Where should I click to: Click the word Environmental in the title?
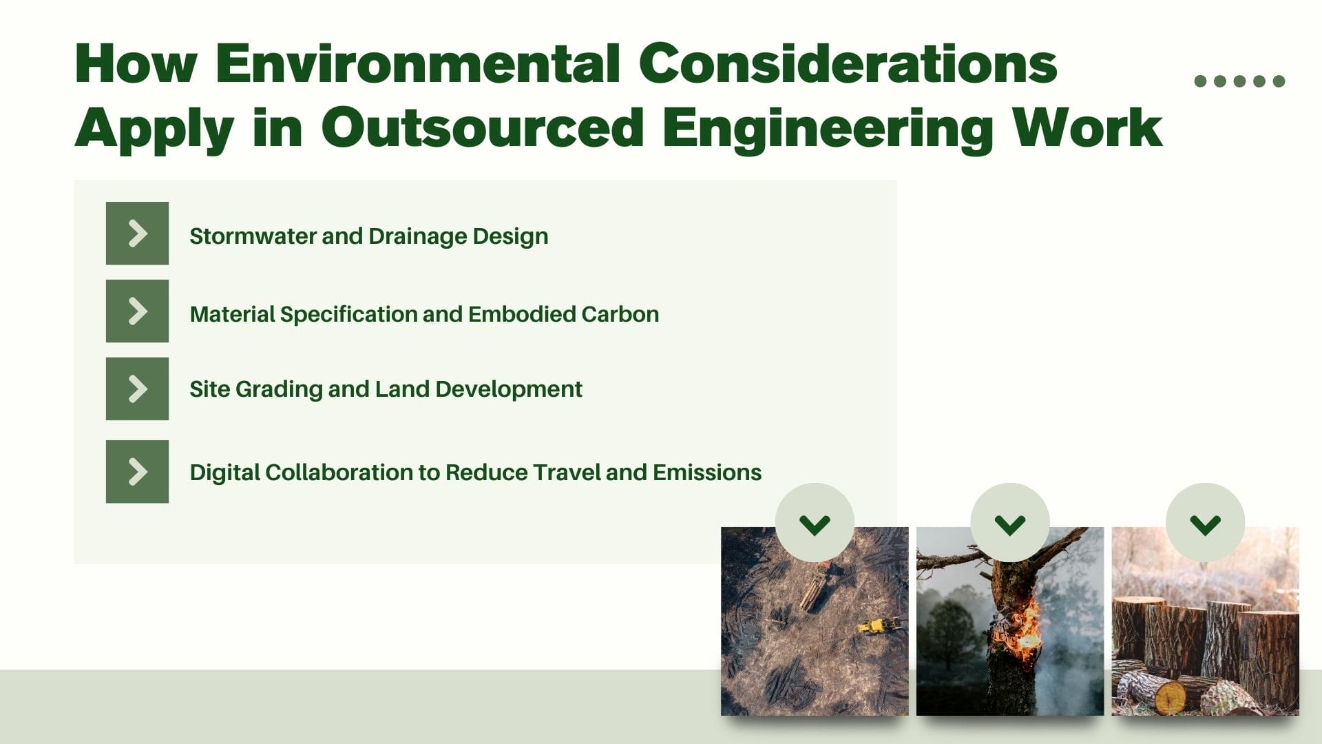[418, 63]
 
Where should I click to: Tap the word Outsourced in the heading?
[482, 128]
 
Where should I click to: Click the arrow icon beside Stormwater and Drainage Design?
[137, 234]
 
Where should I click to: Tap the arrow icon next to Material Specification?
[137, 311]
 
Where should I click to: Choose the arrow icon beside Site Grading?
[137, 389]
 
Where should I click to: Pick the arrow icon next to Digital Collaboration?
[137, 472]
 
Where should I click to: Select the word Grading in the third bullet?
[279, 390]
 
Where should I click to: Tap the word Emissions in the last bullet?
[706, 473]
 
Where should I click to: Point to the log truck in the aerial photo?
[817, 586]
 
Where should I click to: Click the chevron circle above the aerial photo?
[815, 523]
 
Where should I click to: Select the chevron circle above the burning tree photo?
[1009, 523]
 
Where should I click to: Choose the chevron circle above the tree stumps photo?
[1205, 523]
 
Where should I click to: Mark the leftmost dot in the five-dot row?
[1200, 81]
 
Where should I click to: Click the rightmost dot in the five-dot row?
[1279, 81]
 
